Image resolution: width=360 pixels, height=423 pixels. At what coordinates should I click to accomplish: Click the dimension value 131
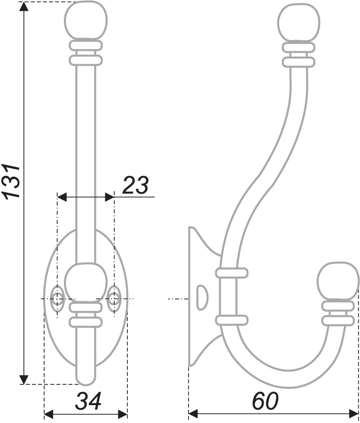coord(11,181)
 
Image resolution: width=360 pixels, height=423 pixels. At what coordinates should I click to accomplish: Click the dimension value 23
coord(135,185)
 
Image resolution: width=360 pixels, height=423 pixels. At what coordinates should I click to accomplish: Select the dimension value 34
coord(88,401)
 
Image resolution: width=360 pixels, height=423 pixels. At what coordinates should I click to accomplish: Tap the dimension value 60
coord(265,401)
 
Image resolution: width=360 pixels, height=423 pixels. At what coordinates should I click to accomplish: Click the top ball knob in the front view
coord(86,21)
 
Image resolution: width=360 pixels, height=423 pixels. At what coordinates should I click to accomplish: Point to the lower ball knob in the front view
coord(85,282)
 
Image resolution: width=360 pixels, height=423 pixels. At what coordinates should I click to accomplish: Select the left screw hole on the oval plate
coord(58,298)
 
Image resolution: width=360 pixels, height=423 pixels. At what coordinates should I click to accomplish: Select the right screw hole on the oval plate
coord(114,298)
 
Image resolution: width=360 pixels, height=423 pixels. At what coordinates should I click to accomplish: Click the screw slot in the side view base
coord(202,297)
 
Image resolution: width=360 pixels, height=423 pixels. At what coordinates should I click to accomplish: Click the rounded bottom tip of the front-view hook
coord(85,380)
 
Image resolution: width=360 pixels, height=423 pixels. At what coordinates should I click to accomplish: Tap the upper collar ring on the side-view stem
coord(232,272)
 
